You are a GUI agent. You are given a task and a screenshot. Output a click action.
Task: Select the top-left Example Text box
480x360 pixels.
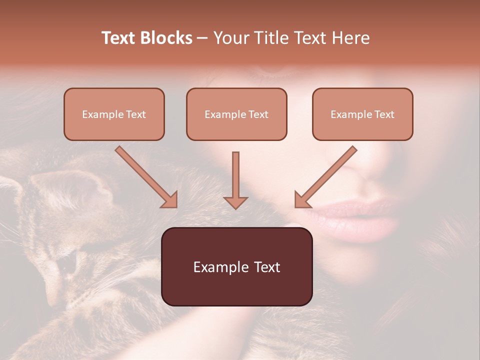click(114, 114)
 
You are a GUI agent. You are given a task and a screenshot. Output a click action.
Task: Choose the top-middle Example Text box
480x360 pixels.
click(236, 114)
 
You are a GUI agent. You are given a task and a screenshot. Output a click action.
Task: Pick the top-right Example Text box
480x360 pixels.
click(362, 114)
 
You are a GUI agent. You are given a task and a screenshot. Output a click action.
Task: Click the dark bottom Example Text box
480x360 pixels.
click(236, 266)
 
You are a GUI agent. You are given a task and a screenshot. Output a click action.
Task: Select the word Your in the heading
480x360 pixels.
click(231, 38)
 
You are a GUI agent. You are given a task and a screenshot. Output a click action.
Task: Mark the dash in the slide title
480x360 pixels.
click(202, 38)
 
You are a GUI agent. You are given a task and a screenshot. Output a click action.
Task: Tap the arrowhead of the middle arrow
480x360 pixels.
click(235, 202)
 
